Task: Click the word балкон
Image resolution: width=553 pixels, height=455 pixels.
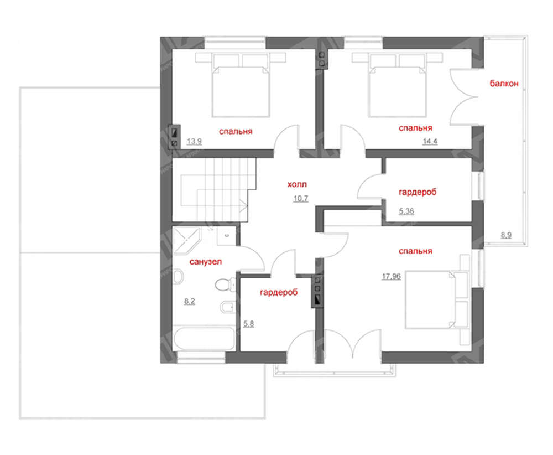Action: tap(504, 84)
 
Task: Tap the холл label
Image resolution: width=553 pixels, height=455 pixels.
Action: tap(297, 184)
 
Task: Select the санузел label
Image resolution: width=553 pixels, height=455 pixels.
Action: tap(206, 262)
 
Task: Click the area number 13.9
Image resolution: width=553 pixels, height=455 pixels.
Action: tap(194, 142)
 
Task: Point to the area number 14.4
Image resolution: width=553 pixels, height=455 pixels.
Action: tap(430, 142)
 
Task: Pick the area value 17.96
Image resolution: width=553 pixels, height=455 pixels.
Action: tap(391, 276)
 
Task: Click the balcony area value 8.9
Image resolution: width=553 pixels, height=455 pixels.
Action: tap(506, 235)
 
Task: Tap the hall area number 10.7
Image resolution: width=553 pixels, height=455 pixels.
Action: tap(301, 198)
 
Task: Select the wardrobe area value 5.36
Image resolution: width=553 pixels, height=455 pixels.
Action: tap(406, 211)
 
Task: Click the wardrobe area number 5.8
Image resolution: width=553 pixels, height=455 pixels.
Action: tap(249, 324)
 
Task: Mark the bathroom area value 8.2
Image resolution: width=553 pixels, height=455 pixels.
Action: tap(189, 302)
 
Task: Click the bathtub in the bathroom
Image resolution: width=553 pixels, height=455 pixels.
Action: tap(204, 339)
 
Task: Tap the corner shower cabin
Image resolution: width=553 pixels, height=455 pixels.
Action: tap(186, 240)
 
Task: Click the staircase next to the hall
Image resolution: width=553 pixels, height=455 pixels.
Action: tap(213, 189)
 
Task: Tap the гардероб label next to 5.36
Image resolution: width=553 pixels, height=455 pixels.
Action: tap(418, 192)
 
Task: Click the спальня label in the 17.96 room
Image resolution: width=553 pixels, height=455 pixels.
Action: tap(415, 251)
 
